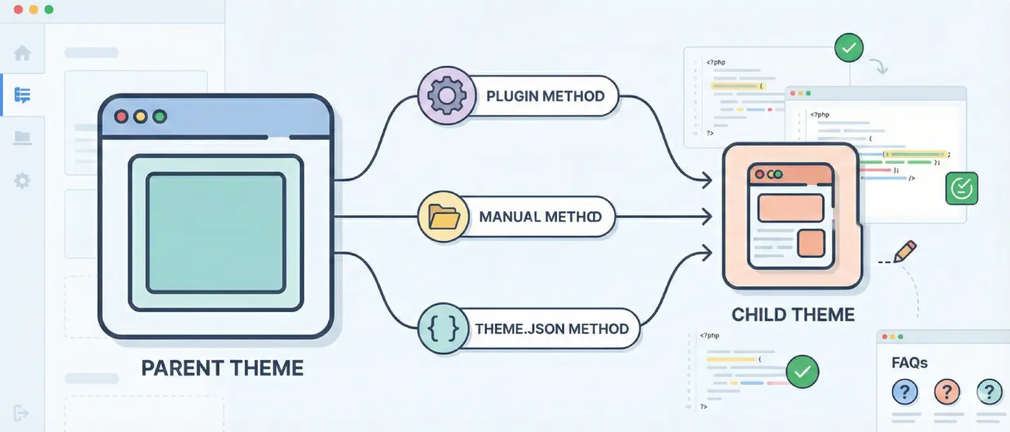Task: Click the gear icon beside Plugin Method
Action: pos(443,97)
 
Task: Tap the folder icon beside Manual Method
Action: pos(443,217)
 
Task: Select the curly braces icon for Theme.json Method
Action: pos(443,329)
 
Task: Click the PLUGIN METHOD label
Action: pos(545,96)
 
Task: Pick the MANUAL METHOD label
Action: pos(540,217)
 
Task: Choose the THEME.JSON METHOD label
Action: pos(551,329)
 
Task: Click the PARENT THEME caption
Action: pos(222,368)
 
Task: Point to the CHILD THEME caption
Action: pos(793,315)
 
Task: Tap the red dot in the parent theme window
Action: pos(122,116)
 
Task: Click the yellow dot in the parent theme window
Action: pos(141,116)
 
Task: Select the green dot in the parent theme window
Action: pos(160,116)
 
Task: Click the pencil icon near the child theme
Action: pos(905,251)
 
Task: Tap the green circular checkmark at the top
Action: pos(848,48)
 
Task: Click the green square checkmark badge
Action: pos(962,188)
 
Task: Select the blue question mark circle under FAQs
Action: pos(905,391)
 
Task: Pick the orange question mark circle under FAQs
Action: pos(947,391)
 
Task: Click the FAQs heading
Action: pos(910,363)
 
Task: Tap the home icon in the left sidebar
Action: pos(22,53)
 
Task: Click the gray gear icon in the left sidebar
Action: pos(22,180)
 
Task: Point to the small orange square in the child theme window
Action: pos(811,243)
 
